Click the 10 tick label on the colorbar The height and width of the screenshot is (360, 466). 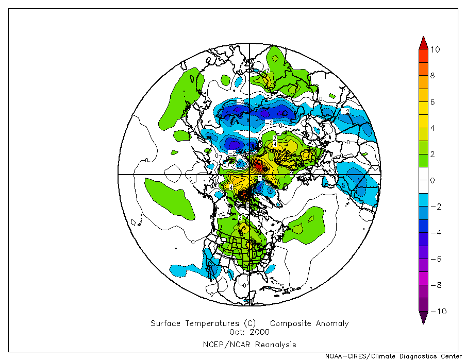click(x=435, y=49)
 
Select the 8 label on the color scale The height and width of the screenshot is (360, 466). click(x=433, y=76)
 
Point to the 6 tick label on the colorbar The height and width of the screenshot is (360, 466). click(x=433, y=102)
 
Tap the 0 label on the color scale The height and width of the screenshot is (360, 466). click(x=433, y=180)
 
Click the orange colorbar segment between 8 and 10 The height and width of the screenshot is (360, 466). click(x=423, y=63)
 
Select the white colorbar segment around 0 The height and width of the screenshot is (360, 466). click(x=423, y=180)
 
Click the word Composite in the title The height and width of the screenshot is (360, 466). click(x=291, y=324)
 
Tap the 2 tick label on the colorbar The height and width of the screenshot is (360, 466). click(x=433, y=154)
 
